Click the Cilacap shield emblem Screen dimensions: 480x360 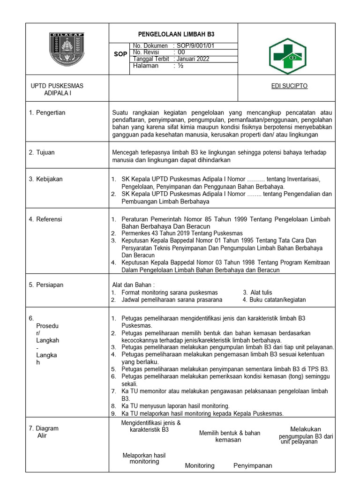coord(67,49)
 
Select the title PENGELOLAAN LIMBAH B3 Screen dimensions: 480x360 coord(173,35)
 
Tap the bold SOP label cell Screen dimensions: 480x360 coord(120,54)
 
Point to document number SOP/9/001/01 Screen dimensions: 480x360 coord(196,45)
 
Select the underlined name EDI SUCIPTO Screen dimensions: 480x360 coord(289,86)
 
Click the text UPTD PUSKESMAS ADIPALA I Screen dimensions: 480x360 coord(57,90)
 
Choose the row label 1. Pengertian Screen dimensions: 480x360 coord(47,112)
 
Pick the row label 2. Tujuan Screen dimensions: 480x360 coord(42,152)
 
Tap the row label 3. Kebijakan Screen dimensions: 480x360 coord(45,179)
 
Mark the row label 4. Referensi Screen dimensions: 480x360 coord(45,219)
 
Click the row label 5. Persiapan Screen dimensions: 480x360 coord(46,285)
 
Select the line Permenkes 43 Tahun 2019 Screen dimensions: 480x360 coord(182,233)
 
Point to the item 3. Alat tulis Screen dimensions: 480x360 coord(257,292)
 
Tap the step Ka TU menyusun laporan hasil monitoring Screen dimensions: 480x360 coord(175,405)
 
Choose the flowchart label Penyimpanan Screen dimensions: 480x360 coord(253,465)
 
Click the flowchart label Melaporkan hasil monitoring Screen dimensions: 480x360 coord(144,458)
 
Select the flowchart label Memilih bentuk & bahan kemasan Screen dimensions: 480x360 coord(229,436)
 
